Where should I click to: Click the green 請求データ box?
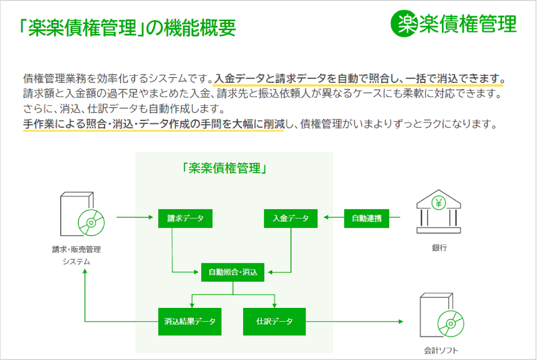[185, 218]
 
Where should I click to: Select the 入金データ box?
[291, 218]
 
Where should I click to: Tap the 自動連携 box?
[366, 218]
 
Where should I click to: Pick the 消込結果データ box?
[190, 321]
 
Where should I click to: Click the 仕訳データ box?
[274, 321]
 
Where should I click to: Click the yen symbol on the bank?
[439, 203]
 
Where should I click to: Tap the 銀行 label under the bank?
[439, 248]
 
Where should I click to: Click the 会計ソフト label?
[439, 351]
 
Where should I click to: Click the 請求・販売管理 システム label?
[76, 255]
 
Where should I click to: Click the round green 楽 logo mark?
[404, 24]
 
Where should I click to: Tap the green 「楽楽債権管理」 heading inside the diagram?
[225, 168]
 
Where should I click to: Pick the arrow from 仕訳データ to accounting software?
[354, 322]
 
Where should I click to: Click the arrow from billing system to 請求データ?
[134, 218]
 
